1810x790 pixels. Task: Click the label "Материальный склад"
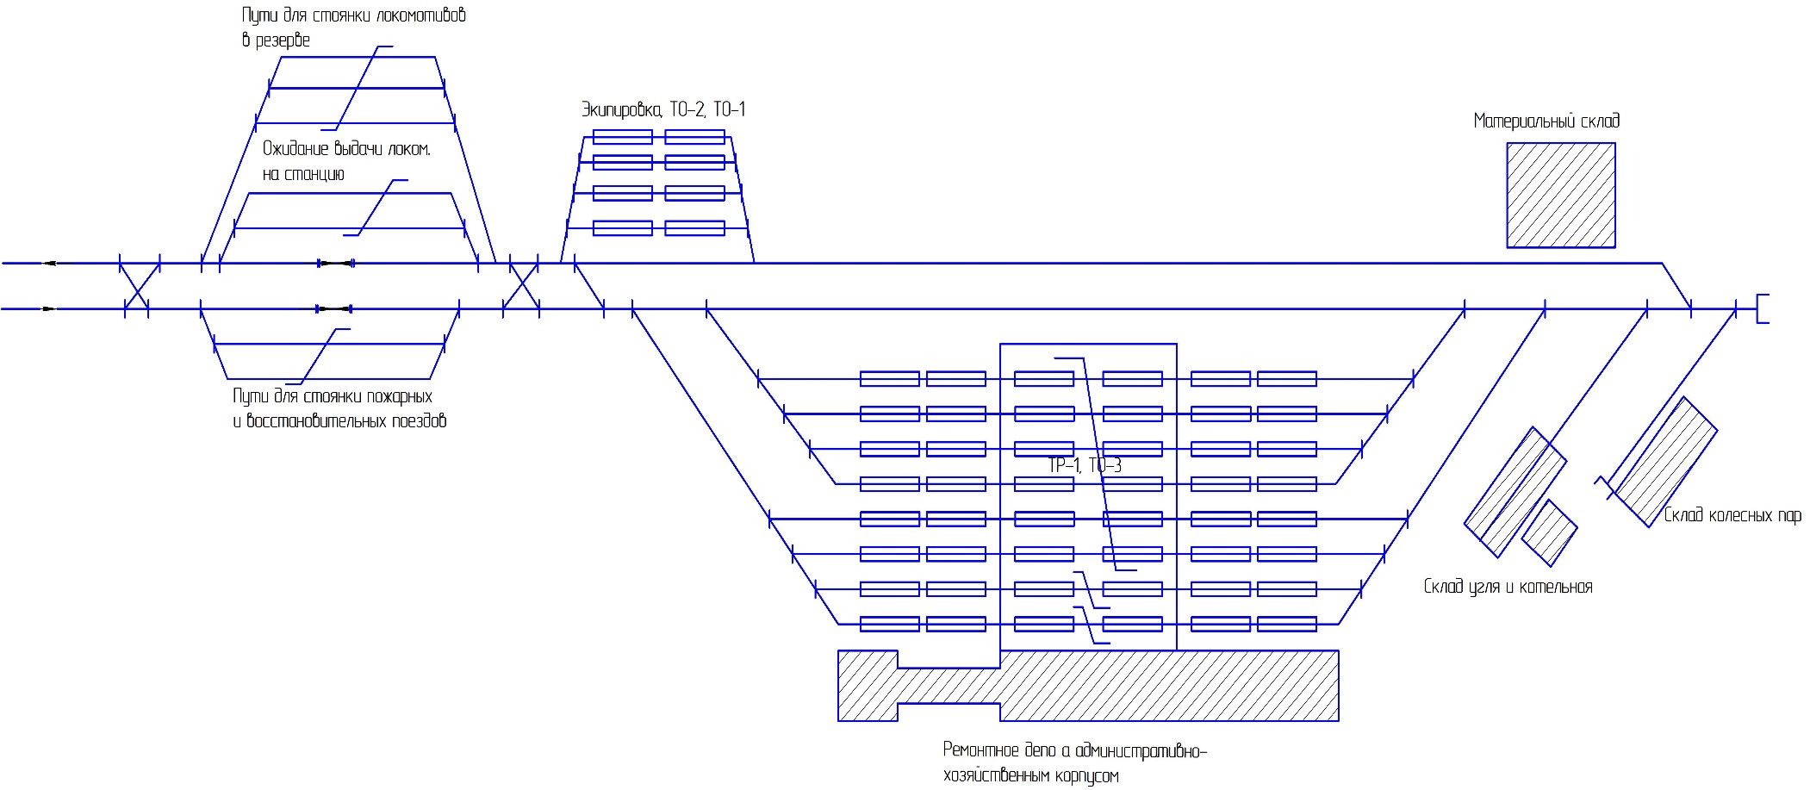coord(1546,121)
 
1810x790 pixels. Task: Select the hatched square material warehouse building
coord(1560,196)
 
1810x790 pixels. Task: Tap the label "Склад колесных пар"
coord(1732,515)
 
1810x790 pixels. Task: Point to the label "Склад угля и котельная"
coord(1508,587)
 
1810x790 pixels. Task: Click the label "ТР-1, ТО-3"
coord(1085,465)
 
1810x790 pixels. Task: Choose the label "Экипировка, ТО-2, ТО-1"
coord(663,109)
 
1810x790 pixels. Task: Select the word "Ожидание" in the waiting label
coord(295,149)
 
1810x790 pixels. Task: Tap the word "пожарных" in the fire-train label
coord(399,396)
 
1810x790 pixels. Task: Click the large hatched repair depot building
coord(1088,685)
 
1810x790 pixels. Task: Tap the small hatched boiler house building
coord(1549,533)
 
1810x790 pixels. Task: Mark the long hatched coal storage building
coord(1515,492)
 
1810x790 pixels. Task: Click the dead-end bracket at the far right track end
coord(1762,308)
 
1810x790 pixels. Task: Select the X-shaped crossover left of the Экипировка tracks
coord(521,285)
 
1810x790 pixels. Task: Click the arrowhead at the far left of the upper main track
coord(50,263)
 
